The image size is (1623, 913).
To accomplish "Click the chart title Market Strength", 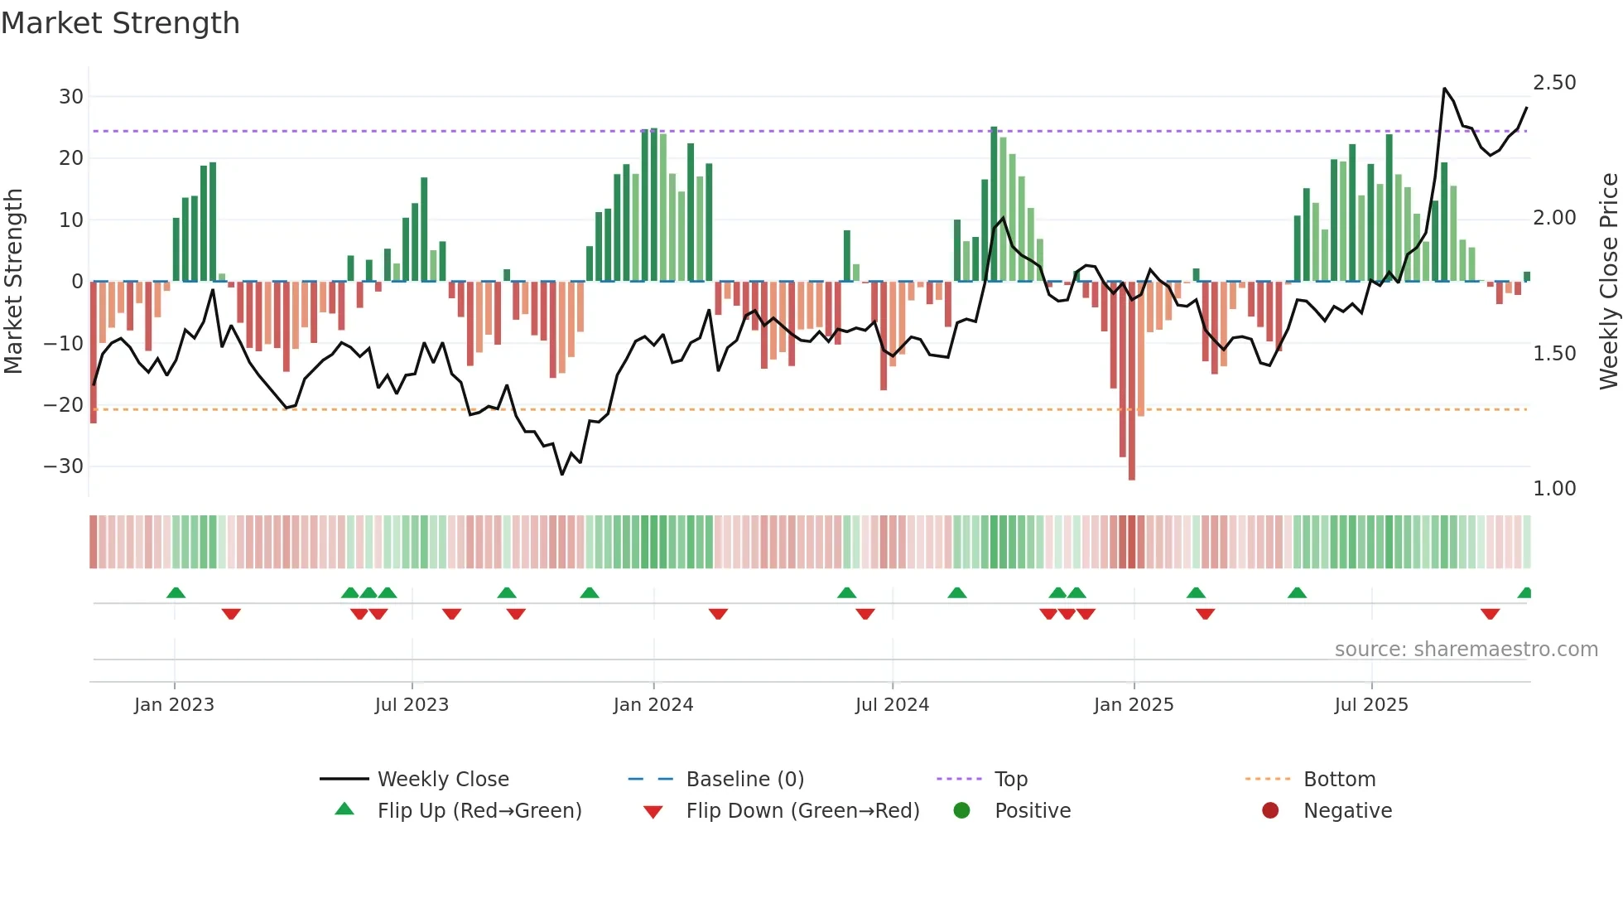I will (x=121, y=23).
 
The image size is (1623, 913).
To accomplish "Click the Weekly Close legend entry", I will (x=442, y=779).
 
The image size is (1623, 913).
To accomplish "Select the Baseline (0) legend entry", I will (x=744, y=779).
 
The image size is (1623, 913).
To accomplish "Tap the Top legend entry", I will (x=1010, y=779).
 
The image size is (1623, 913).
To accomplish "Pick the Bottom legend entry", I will (x=1339, y=779).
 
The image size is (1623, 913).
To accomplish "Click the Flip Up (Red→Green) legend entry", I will (x=479, y=810).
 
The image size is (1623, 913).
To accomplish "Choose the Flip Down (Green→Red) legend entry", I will (x=802, y=810).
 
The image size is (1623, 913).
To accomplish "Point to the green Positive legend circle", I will (x=961, y=810).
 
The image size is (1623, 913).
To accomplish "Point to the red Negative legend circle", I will (x=1270, y=810).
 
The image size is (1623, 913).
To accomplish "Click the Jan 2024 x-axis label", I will (x=653, y=704).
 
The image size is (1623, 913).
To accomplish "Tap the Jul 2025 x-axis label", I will (x=1371, y=704).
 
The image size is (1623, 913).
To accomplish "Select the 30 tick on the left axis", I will (x=71, y=97).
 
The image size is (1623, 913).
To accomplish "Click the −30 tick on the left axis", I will (x=64, y=466).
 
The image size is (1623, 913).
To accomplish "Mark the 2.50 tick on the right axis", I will (x=1554, y=83).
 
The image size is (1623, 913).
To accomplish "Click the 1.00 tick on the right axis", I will (x=1554, y=489).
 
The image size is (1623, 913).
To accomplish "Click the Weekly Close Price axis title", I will (x=1608, y=282).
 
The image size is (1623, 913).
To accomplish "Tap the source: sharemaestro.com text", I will (x=1466, y=649).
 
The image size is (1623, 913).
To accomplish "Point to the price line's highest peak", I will (x=1444, y=88).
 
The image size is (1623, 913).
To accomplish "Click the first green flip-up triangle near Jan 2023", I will (x=176, y=592).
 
